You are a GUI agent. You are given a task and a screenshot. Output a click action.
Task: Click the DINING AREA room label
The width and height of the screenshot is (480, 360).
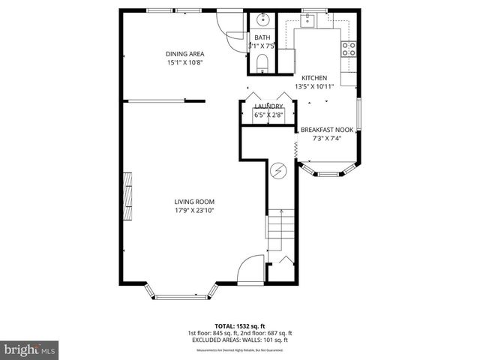(184, 54)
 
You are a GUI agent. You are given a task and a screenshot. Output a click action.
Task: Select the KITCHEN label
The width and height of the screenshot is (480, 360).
(313, 78)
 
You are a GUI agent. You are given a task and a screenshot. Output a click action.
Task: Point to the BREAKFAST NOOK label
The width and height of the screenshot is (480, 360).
(327, 129)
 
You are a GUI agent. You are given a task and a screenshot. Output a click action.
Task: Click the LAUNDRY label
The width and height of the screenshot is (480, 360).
(268, 106)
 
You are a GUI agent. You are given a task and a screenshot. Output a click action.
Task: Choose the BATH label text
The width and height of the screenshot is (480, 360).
(262, 37)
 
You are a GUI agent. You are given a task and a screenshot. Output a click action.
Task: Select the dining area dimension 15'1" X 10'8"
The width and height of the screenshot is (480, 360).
(184, 62)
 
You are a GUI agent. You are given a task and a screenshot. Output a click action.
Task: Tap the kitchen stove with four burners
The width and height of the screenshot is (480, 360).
(349, 49)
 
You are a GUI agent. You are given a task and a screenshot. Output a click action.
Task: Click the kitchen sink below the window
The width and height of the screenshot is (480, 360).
(311, 22)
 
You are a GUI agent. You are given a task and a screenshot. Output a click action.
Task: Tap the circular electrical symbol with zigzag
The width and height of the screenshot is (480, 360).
(278, 172)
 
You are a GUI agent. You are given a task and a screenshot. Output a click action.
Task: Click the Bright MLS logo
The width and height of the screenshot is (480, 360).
(30, 349)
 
